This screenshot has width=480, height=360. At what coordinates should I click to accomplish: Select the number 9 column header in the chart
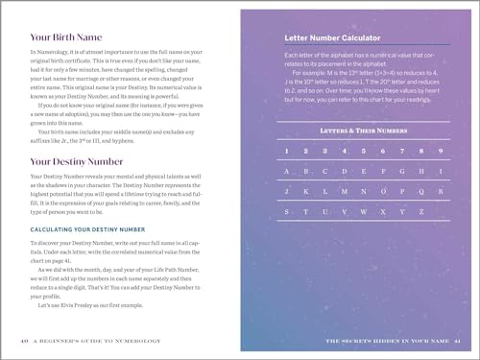tap(440, 150)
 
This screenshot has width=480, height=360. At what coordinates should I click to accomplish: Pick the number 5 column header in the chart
tap(363, 150)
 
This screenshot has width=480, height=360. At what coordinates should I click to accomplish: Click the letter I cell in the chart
tap(440, 172)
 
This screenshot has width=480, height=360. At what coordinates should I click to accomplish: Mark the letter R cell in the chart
tap(440, 192)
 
